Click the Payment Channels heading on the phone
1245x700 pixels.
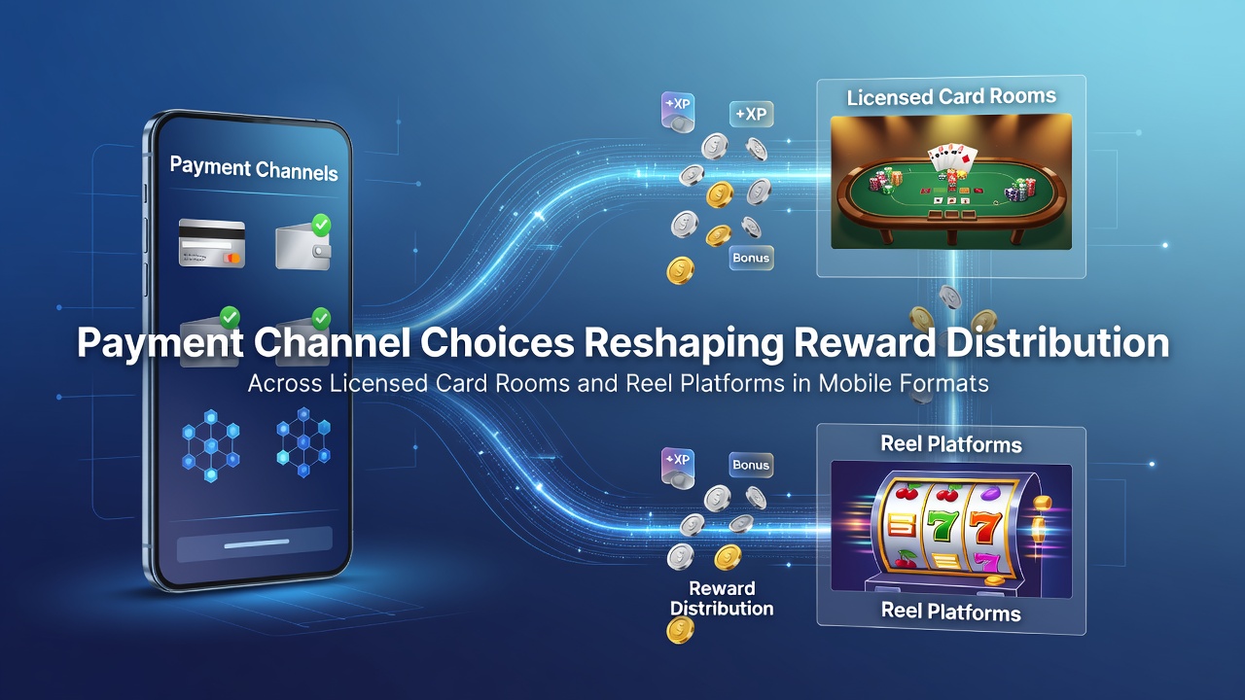[254, 168]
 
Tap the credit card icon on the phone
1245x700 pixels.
[212, 243]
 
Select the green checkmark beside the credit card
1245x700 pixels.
[321, 225]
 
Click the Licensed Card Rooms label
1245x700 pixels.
[951, 97]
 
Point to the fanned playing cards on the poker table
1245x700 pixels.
[950, 157]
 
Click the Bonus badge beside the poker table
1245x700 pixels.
[751, 258]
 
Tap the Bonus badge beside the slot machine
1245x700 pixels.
[751, 465]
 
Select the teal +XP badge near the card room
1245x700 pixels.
[752, 115]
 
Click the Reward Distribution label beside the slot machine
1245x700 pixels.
[722, 598]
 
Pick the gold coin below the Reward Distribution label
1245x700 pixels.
[680, 631]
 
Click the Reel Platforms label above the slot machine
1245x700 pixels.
[951, 444]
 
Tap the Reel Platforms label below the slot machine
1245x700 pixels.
[951, 612]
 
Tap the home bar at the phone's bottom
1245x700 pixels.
[256, 542]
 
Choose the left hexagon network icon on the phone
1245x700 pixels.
[211, 445]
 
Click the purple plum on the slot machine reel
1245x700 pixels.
[989, 493]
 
